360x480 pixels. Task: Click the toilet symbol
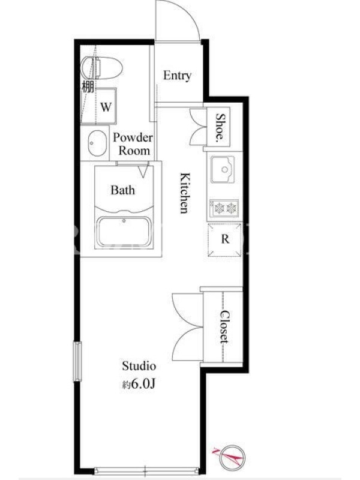click(x=101, y=68)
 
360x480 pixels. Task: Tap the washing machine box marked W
click(x=106, y=107)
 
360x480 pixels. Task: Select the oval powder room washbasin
click(x=97, y=143)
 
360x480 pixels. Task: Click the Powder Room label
click(x=133, y=144)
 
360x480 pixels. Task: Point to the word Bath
click(x=122, y=190)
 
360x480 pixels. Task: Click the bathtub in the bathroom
click(x=124, y=231)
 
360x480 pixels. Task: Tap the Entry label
click(x=177, y=76)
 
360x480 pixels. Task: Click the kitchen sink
click(x=223, y=169)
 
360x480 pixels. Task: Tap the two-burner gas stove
click(x=224, y=208)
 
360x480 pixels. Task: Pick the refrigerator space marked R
click(x=224, y=239)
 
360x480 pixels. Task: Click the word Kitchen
click(x=185, y=193)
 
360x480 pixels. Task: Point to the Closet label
click(x=225, y=326)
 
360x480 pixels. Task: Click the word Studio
click(x=139, y=366)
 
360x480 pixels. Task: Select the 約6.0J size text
click(x=139, y=384)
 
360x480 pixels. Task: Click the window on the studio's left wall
click(x=77, y=362)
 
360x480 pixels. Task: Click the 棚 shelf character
click(x=87, y=86)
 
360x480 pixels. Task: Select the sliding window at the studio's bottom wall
click(x=146, y=470)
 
